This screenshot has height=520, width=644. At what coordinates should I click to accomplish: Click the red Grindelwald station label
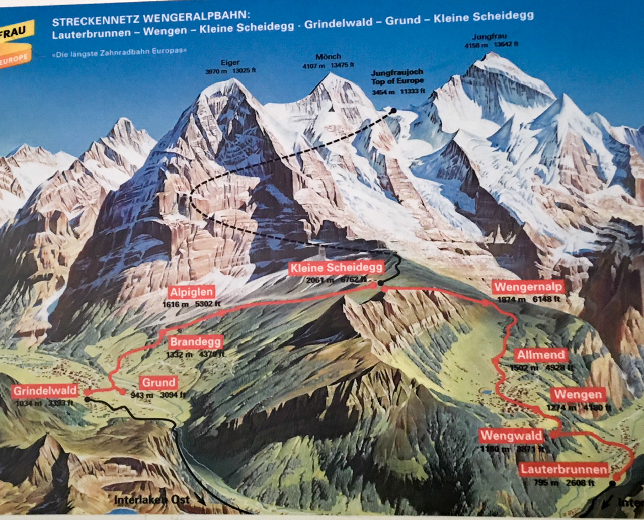point(45,391)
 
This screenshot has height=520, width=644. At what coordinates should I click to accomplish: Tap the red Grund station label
point(158,383)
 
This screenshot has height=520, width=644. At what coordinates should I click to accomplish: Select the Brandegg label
point(195,342)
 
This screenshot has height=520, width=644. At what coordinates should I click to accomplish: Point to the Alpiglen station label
point(192,292)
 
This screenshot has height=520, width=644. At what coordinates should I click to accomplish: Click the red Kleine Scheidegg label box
point(336,268)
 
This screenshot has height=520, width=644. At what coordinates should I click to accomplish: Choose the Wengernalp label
point(528,287)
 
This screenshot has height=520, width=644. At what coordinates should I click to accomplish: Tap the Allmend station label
point(541,355)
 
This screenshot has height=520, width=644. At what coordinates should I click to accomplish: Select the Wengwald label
point(511,436)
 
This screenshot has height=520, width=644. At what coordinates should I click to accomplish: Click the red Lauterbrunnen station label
point(564,470)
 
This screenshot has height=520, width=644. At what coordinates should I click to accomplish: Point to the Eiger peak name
point(230,63)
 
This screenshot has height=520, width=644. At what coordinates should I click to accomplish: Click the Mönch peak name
point(328,57)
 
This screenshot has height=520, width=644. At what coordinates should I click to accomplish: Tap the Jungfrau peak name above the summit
point(489,36)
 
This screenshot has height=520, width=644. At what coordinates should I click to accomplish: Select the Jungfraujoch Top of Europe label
point(397,77)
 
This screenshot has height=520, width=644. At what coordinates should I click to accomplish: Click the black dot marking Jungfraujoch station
point(393,110)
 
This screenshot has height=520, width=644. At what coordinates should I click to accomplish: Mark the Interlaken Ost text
point(152,499)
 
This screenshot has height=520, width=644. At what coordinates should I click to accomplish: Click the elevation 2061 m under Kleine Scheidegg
point(320,280)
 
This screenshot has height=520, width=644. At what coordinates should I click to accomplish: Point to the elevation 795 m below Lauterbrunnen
point(546,483)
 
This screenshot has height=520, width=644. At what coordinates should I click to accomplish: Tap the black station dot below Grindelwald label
point(87,399)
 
